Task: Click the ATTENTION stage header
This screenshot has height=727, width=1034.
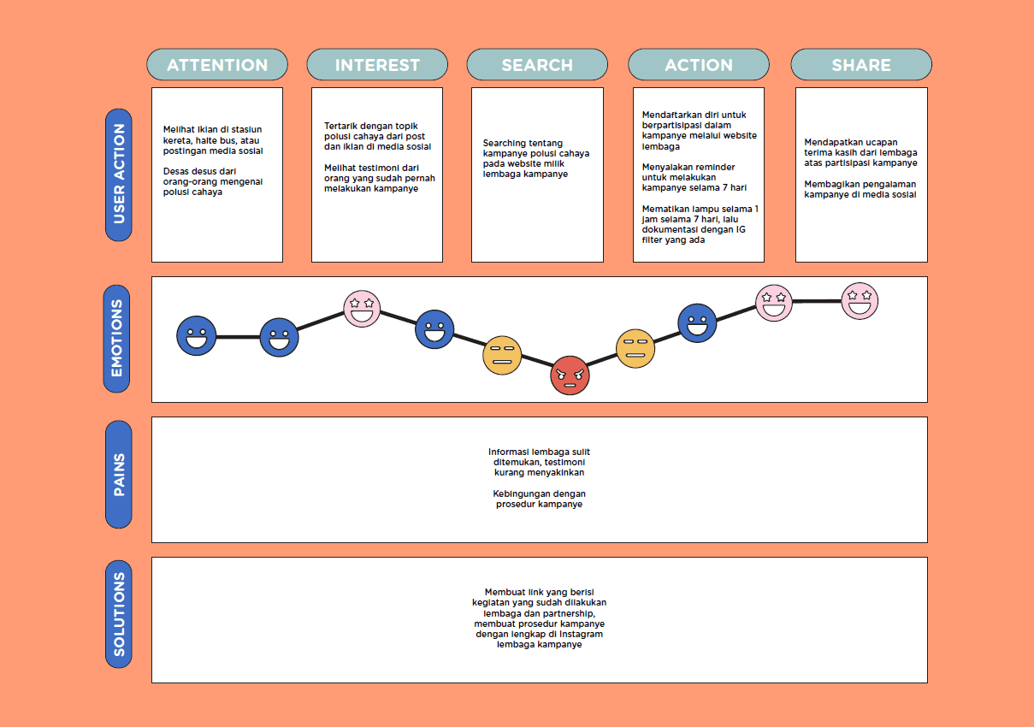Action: click(217, 65)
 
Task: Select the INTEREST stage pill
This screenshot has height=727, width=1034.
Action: click(377, 65)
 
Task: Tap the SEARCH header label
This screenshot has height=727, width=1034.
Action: click(537, 65)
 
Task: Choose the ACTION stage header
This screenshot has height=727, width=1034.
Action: click(699, 65)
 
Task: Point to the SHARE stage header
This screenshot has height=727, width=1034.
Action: click(861, 65)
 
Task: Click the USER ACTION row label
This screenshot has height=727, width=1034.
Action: click(118, 174)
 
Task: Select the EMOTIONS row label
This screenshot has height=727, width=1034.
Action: click(117, 339)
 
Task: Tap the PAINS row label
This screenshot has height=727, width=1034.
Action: click(118, 474)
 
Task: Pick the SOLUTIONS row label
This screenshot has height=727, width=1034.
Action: click(118, 614)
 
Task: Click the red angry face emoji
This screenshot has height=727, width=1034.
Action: click(570, 375)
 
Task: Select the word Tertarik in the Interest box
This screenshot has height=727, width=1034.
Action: click(341, 126)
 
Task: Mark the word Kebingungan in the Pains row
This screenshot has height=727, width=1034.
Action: click(521, 494)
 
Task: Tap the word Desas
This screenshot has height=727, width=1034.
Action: click(177, 171)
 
